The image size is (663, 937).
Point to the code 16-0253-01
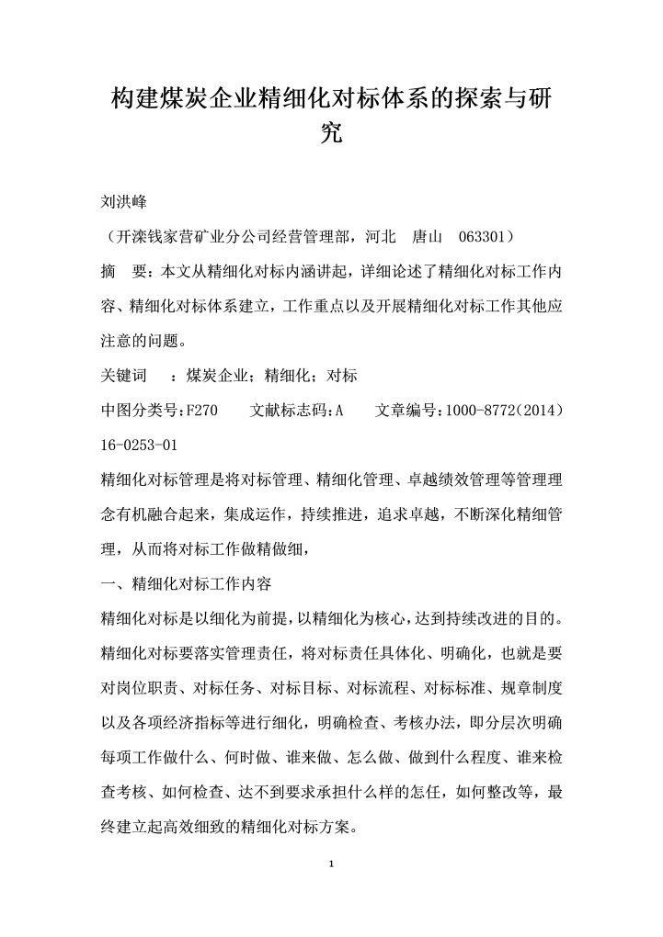coord(138,445)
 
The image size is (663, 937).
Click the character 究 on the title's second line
coord(331,135)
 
